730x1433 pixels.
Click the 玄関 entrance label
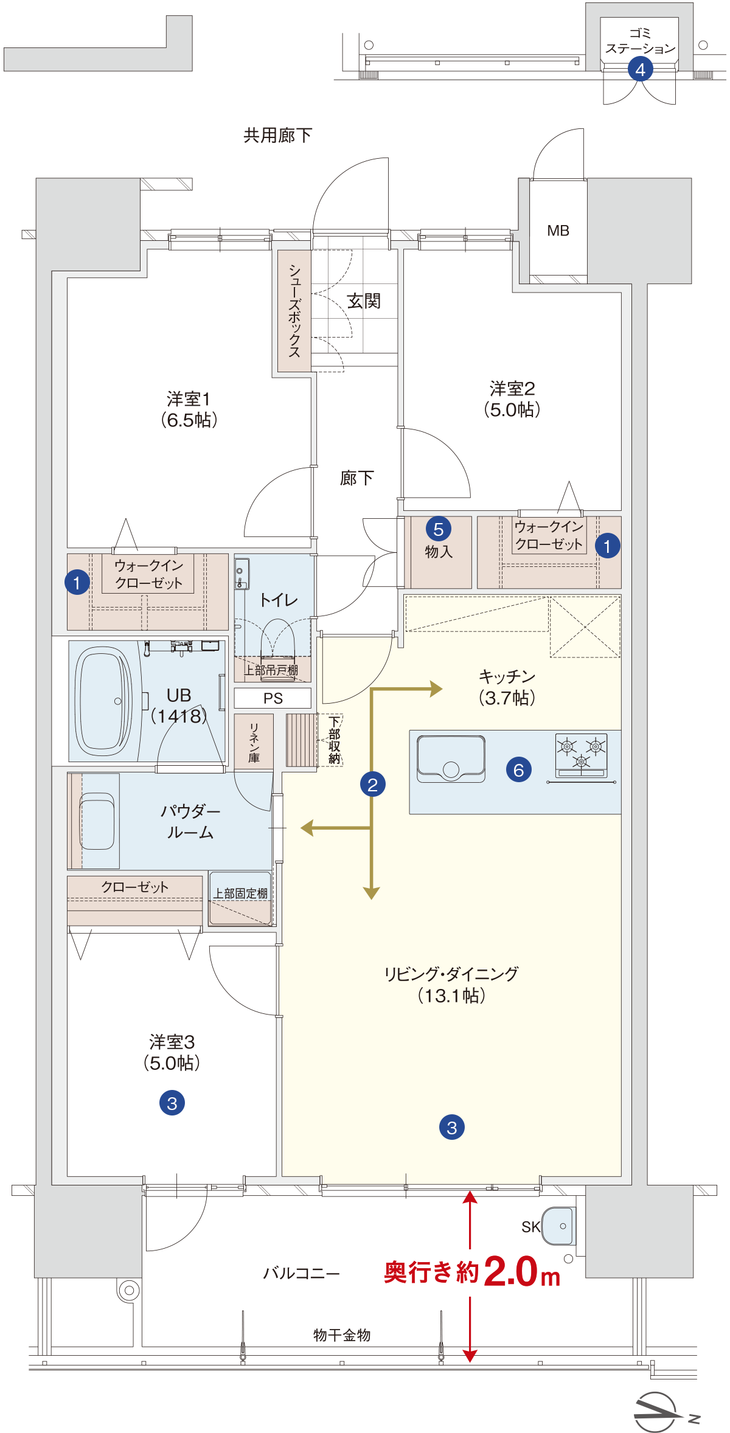click(364, 300)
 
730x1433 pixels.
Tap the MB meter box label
click(558, 231)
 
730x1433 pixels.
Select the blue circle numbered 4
click(641, 69)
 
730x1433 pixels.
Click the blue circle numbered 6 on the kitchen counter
click(519, 770)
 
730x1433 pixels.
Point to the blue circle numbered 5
click(439, 529)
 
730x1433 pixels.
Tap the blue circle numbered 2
click(373, 785)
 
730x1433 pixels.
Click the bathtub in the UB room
click(103, 701)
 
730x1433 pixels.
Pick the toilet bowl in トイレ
click(278, 640)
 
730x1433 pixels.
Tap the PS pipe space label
click(273, 698)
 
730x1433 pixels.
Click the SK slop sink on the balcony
click(558, 1226)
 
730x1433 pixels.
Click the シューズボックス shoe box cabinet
click(294, 311)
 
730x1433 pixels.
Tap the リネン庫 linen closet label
click(254, 743)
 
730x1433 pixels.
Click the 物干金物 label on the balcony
click(342, 1335)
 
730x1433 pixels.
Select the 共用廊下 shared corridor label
click(278, 135)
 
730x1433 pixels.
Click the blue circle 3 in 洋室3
click(172, 1103)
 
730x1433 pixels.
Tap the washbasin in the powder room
click(97, 821)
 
